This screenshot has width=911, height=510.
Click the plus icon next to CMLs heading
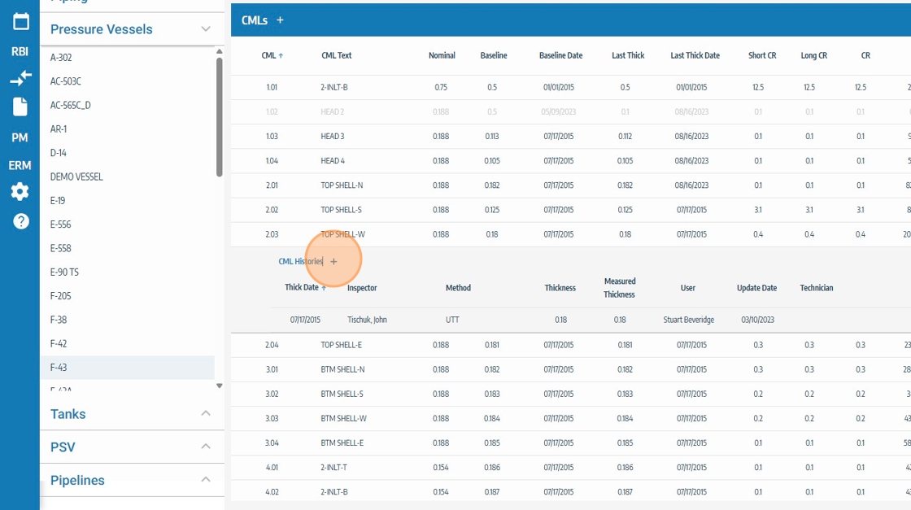pyautogui.click(x=281, y=20)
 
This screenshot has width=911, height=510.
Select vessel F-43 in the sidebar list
pyautogui.click(x=59, y=368)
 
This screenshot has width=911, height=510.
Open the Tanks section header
pyautogui.click(x=68, y=414)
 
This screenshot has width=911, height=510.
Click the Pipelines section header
pyautogui.click(x=77, y=480)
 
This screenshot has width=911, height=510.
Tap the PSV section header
pyautogui.click(x=63, y=447)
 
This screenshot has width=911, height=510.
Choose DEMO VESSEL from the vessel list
pyautogui.click(x=76, y=177)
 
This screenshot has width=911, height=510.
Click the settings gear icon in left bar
pyautogui.click(x=20, y=192)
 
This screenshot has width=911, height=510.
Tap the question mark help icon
pyautogui.click(x=20, y=221)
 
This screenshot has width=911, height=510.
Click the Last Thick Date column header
pyautogui.click(x=695, y=55)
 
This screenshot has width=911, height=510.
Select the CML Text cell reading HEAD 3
pyautogui.click(x=333, y=136)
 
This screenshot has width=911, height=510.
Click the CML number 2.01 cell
pyautogui.click(x=272, y=185)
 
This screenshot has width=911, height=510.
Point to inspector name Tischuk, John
pyautogui.click(x=367, y=320)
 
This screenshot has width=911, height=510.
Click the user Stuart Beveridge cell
pyautogui.click(x=688, y=320)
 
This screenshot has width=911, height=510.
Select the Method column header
pyautogui.click(x=458, y=288)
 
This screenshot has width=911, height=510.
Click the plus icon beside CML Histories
pyautogui.click(x=333, y=261)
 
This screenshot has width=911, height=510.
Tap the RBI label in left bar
pyautogui.click(x=20, y=51)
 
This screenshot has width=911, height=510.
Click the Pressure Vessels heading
pyautogui.click(x=102, y=29)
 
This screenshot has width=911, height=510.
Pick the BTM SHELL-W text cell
pyautogui.click(x=343, y=419)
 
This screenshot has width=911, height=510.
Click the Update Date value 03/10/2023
pyautogui.click(x=756, y=320)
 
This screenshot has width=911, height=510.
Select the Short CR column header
pyautogui.click(x=762, y=55)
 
